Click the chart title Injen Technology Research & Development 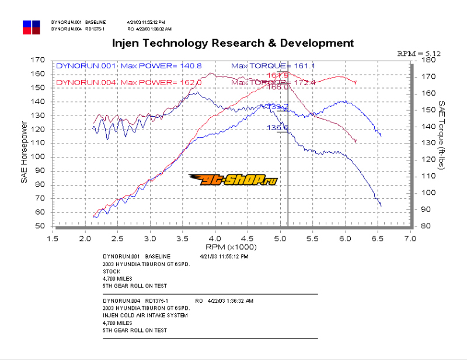click(x=232, y=43)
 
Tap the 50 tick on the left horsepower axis click(x=40, y=226)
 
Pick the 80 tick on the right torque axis click(x=426, y=226)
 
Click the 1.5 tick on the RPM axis click(x=54, y=239)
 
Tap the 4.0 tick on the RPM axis click(x=216, y=239)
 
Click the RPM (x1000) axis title click(x=232, y=247)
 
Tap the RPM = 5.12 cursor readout click(x=419, y=53)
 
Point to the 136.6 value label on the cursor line click(x=278, y=128)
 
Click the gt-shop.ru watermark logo click(x=232, y=179)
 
